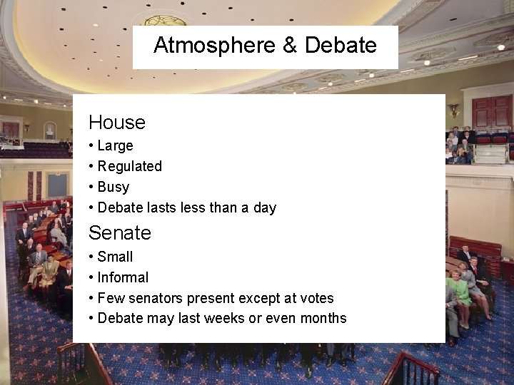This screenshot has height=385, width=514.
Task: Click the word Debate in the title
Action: pos(341,46)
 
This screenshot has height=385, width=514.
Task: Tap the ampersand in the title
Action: pos(290,46)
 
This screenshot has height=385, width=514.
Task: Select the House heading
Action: pos(117,122)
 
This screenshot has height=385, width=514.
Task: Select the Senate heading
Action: pos(120,232)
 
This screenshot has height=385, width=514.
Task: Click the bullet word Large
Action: pos(115,145)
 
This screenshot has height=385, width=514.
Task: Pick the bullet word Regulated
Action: pos(129,166)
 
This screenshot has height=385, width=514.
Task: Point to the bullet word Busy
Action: pos(113,187)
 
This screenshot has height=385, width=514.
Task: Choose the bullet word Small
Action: pos(115,257)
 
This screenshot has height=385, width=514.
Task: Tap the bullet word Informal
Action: pos(123,277)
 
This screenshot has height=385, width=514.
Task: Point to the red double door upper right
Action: pos(492,113)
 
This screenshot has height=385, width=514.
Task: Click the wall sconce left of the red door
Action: pos(453,110)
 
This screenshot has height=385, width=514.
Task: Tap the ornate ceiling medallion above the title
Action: pos(166,20)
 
